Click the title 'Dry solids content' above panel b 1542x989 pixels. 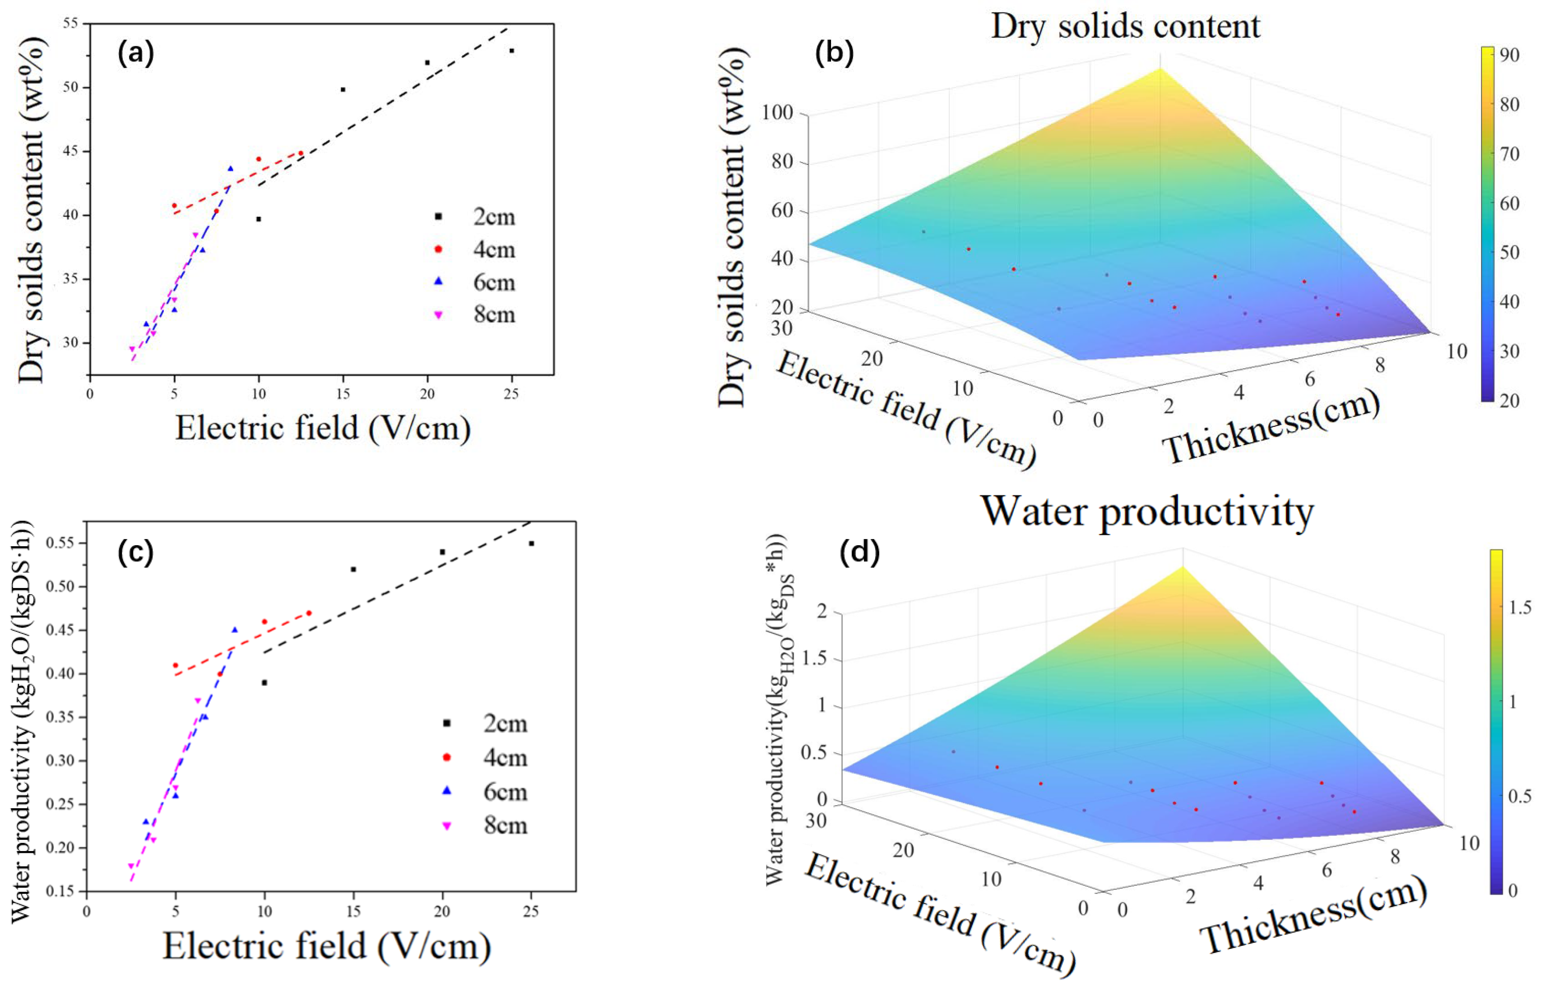click(x=1126, y=27)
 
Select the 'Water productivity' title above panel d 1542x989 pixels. click(x=1147, y=512)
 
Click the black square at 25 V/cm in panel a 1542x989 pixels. click(x=512, y=51)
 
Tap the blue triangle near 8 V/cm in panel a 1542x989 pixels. click(x=230, y=169)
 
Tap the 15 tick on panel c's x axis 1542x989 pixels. click(x=353, y=911)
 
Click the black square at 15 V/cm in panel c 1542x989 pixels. click(x=353, y=569)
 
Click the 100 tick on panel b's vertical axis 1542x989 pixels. click(x=777, y=113)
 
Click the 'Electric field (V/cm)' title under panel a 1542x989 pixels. click(x=323, y=428)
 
